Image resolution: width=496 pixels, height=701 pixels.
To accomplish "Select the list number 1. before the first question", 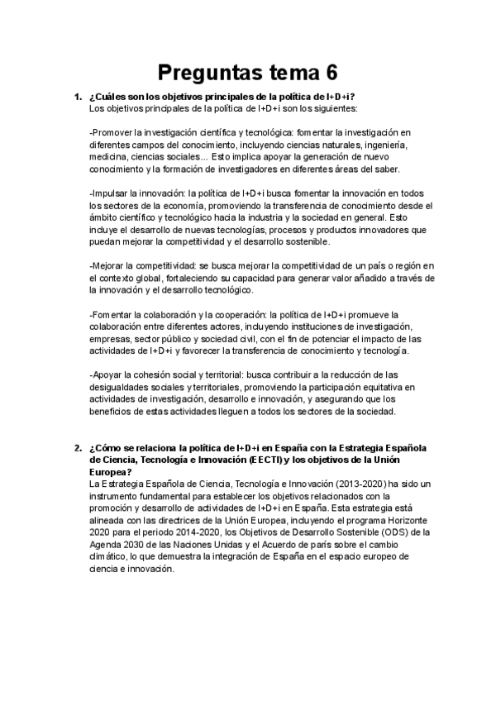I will (x=78, y=98).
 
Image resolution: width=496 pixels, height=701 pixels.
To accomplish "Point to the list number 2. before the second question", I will (x=78, y=447).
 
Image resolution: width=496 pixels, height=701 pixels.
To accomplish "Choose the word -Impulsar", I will (x=110, y=193).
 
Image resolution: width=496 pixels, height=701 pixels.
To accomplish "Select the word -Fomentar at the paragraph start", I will (x=113, y=314).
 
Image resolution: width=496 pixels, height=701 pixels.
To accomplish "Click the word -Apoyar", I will (x=107, y=375).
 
